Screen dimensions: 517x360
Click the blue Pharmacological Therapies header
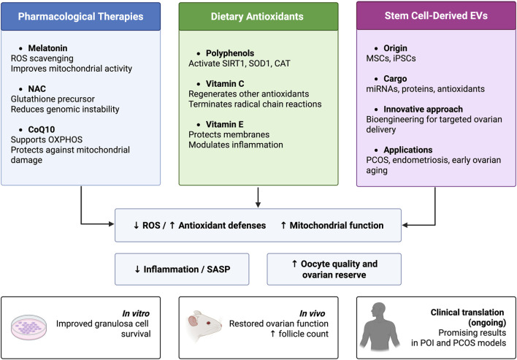pyautogui.click(x=81, y=17)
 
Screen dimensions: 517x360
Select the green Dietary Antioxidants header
pyautogui.click(x=258, y=17)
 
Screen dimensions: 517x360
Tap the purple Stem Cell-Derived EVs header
pyautogui.click(x=436, y=16)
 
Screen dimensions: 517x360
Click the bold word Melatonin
pyautogui.click(x=47, y=48)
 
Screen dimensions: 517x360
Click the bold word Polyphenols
pyautogui.click(x=230, y=53)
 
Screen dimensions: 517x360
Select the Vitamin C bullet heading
pyautogui.click(x=225, y=84)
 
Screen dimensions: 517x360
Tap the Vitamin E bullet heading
pyautogui.click(x=224, y=125)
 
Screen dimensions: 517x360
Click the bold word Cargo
pyautogui.click(x=395, y=79)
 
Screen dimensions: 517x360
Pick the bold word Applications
pyautogui.click(x=408, y=150)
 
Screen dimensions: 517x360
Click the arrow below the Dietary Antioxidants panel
pyautogui.click(x=258, y=197)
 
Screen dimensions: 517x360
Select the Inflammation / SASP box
pyautogui.click(x=182, y=269)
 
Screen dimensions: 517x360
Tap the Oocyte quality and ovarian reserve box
pyautogui.click(x=334, y=269)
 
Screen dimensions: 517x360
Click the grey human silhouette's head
pyautogui.click(x=378, y=311)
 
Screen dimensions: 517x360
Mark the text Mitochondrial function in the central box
pyautogui.click(x=337, y=226)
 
